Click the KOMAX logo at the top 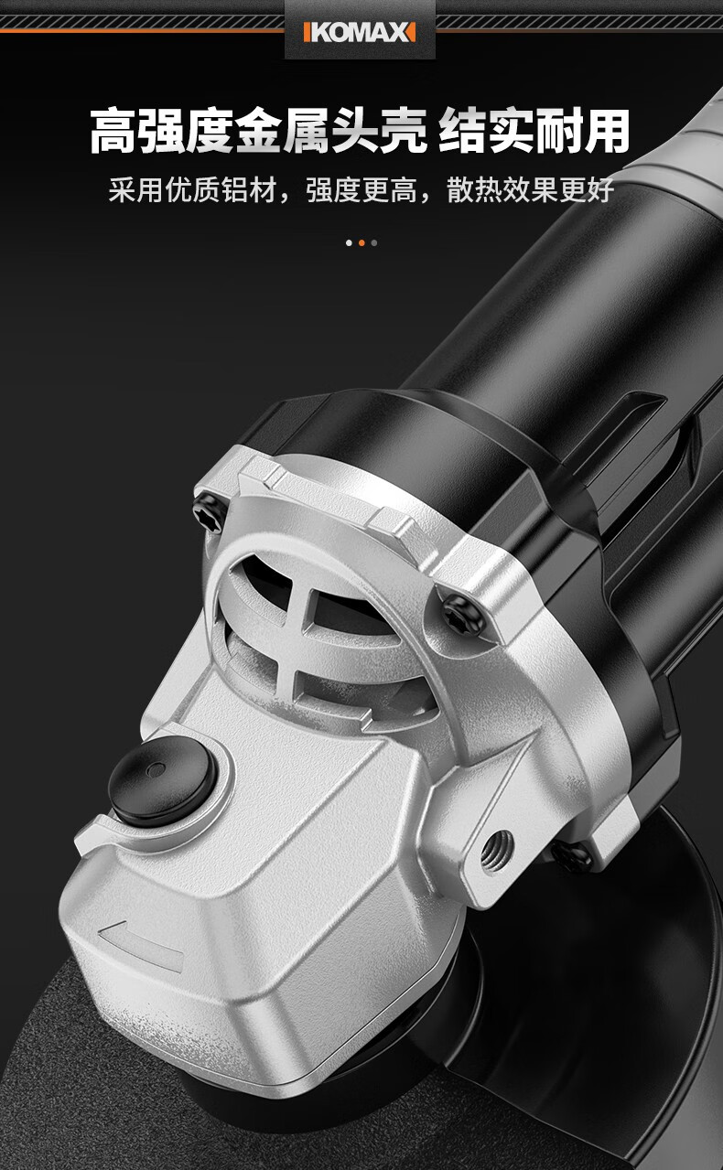(x=360, y=32)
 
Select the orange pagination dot (x=361, y=243)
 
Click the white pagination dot (x=349, y=243)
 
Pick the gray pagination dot (x=374, y=243)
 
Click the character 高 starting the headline (x=113, y=131)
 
